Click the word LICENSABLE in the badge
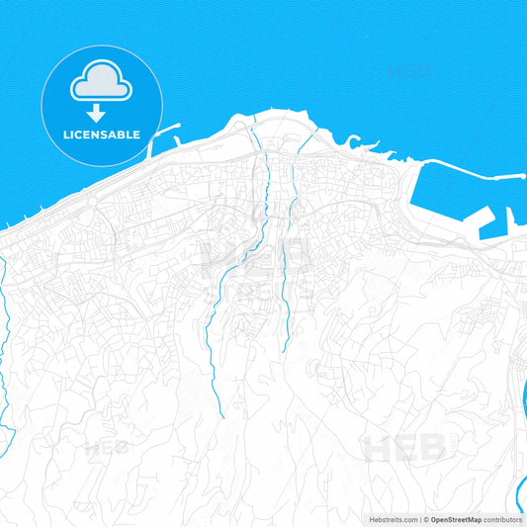(103, 133)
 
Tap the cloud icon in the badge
(102, 84)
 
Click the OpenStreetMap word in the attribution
(454, 519)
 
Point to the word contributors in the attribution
(503, 519)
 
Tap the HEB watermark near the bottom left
(107, 448)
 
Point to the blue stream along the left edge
(5, 326)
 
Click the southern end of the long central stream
(223, 415)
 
